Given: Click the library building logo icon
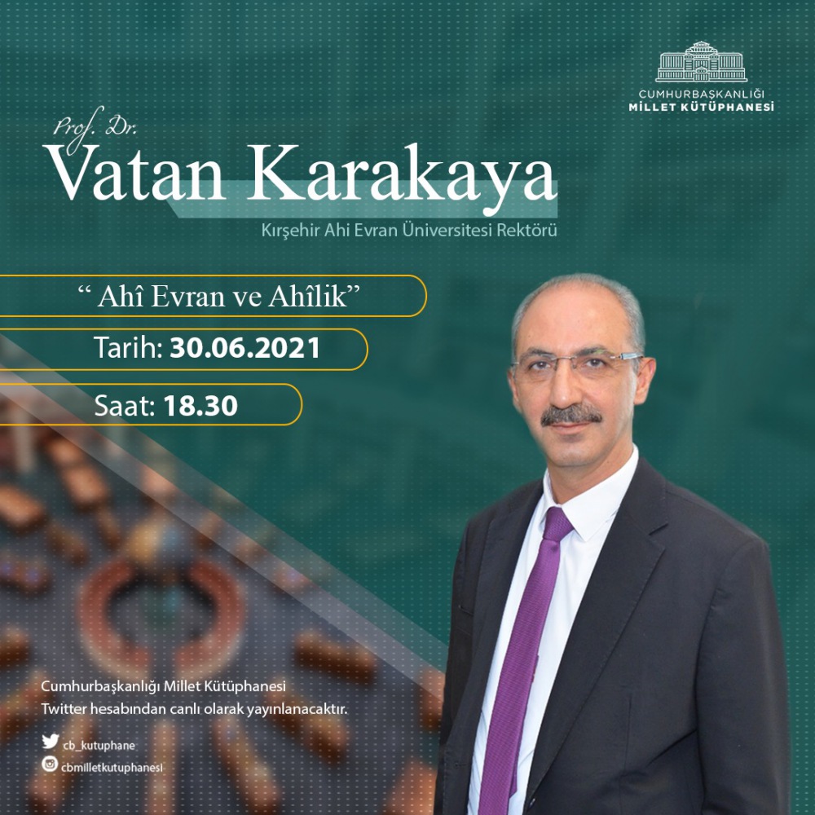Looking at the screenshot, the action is tap(701, 62).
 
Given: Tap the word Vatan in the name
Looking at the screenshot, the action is tap(135, 173).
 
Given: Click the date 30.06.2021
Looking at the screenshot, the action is tap(244, 348).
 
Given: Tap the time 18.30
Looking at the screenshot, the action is tap(200, 405).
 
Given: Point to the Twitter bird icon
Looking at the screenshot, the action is tap(51, 741).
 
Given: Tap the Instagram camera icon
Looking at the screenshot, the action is tap(50, 764).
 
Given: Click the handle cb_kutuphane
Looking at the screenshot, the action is tap(99, 746).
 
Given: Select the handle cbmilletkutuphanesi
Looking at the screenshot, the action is tap(112, 768).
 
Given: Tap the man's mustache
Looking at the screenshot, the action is tap(570, 416).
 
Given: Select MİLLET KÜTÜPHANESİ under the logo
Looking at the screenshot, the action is tap(701, 107).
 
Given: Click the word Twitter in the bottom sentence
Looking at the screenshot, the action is tap(64, 708).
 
